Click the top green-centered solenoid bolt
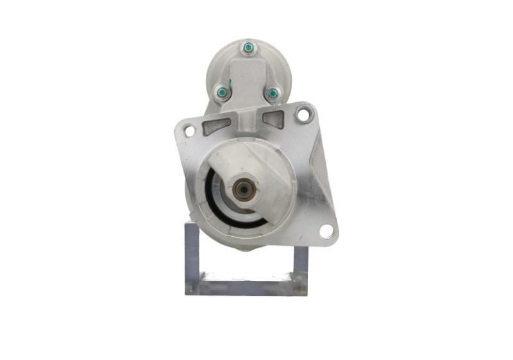tap(248, 48)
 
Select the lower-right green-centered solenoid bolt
tap(273, 94)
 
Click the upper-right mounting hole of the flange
tap(303, 115)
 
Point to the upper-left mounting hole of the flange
tap(189, 131)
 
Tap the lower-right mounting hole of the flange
tap(326, 231)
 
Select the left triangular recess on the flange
tap(217, 124)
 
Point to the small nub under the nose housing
tap(247, 248)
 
